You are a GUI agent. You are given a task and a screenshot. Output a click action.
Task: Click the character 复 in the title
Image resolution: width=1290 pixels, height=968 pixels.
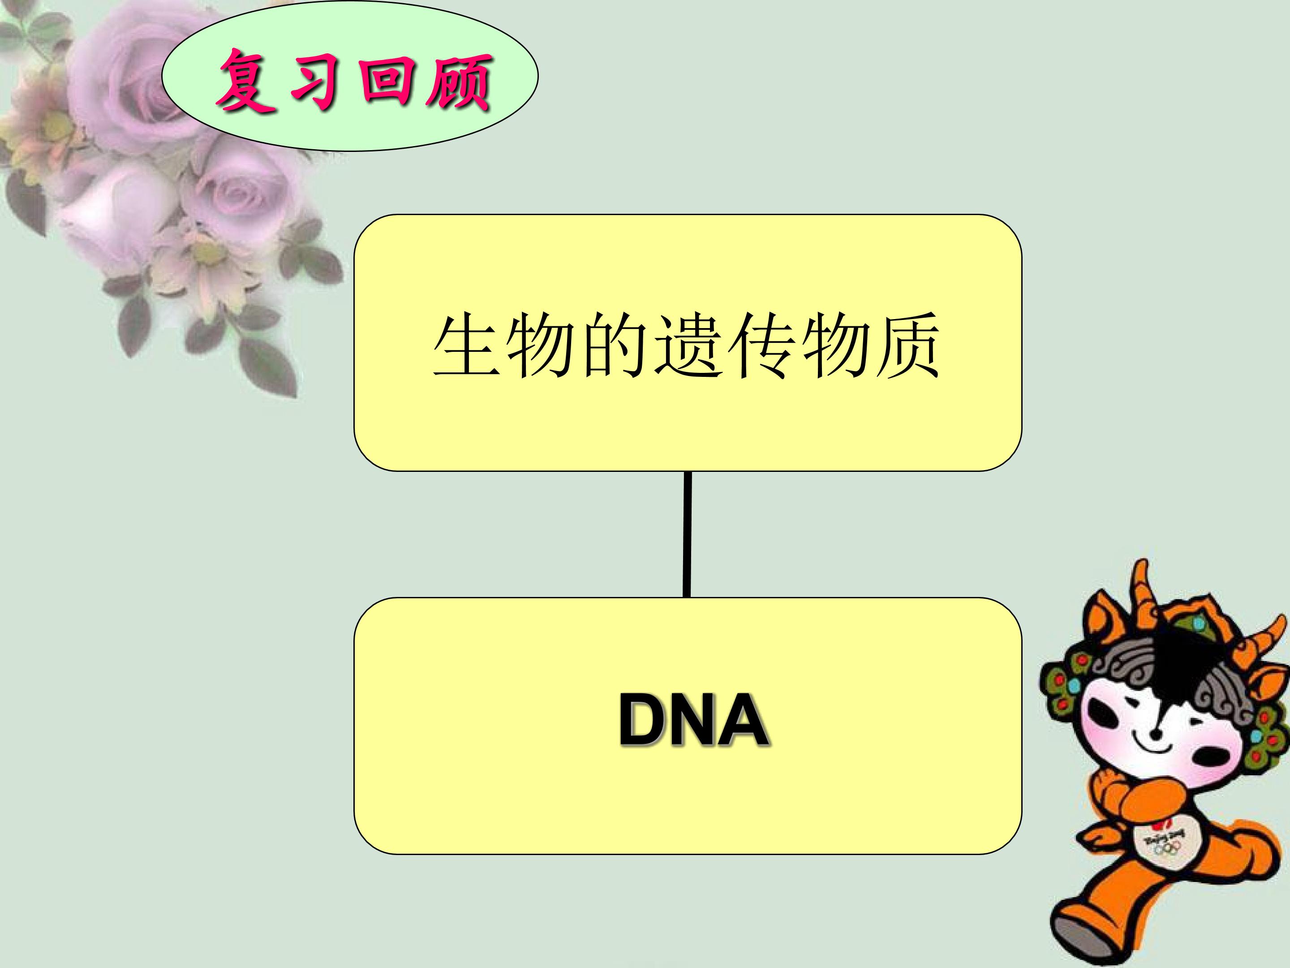click(x=248, y=82)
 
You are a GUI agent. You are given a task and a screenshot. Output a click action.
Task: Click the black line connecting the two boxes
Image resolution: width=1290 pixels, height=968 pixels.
click(x=688, y=534)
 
